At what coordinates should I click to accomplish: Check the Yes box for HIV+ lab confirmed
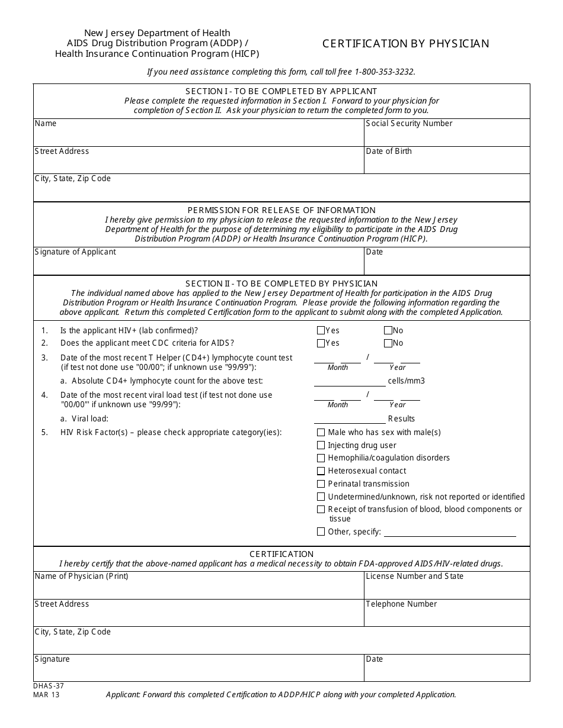[x=321, y=331]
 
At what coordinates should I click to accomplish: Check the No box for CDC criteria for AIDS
[x=388, y=343]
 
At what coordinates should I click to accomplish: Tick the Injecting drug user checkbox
[x=321, y=445]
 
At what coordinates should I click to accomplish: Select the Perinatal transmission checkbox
[x=321, y=484]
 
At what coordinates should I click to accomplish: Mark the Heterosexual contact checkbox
[x=321, y=471]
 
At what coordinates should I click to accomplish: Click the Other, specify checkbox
[x=321, y=531]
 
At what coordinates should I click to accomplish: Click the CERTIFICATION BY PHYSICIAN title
[x=405, y=44]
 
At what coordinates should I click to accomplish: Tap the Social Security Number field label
[x=409, y=124]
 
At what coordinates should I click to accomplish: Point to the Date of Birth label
[x=389, y=152]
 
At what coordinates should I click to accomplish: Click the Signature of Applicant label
[x=75, y=252]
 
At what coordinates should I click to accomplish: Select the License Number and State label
[x=414, y=576]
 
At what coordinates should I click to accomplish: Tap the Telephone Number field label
[x=401, y=604]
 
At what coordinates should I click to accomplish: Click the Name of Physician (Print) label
[x=81, y=576]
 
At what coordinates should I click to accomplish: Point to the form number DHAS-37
[x=49, y=686]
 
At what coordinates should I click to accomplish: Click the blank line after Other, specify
[x=450, y=533]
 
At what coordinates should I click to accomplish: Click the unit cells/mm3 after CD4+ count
[x=406, y=381]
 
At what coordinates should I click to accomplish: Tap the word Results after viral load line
[x=401, y=419]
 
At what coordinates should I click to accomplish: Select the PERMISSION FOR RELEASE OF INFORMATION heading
[x=281, y=210]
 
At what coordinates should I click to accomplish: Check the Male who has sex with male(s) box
[x=321, y=433]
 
